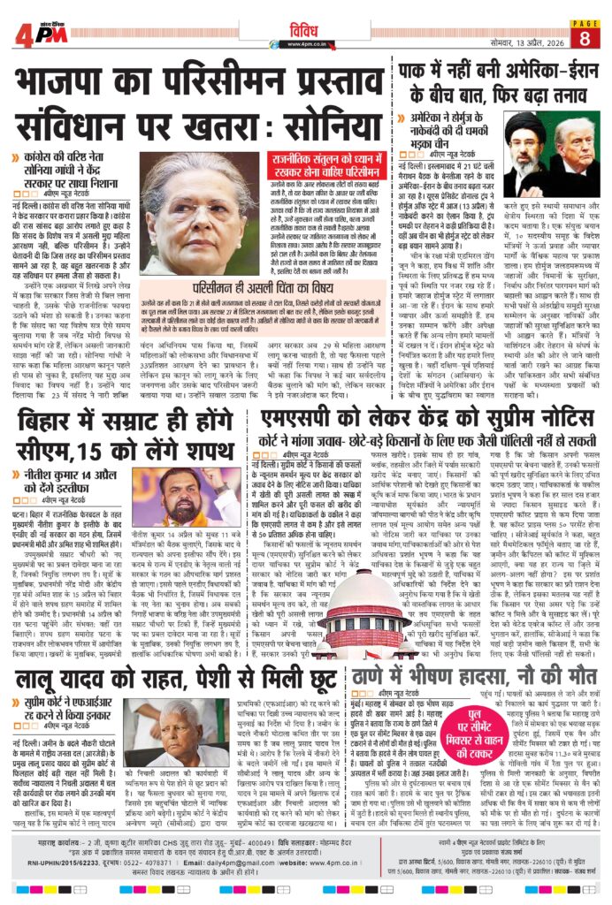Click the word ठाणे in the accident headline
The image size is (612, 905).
(x=378, y=681)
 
